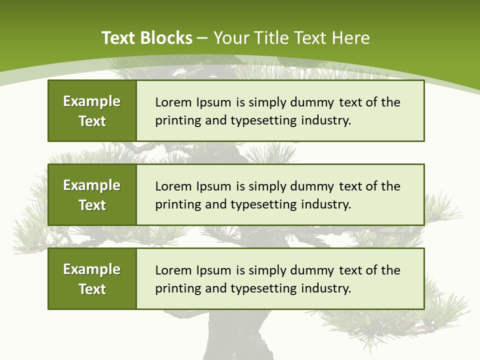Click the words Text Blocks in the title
[x=146, y=38]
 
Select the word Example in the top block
[x=92, y=101]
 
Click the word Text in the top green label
[x=92, y=121]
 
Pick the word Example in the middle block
[x=92, y=185]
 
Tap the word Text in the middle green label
[x=92, y=205]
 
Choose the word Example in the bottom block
[x=92, y=269]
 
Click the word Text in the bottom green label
[x=92, y=289]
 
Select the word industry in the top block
[x=326, y=121]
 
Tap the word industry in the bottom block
[x=326, y=289]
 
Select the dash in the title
[x=202, y=38]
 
